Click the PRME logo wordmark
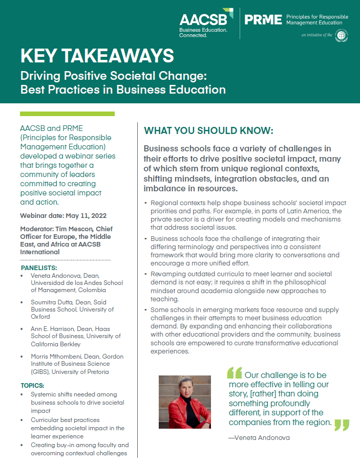263,20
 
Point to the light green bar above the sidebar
67,114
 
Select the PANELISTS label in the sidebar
39,268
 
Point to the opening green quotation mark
234,373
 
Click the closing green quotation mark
342,425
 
